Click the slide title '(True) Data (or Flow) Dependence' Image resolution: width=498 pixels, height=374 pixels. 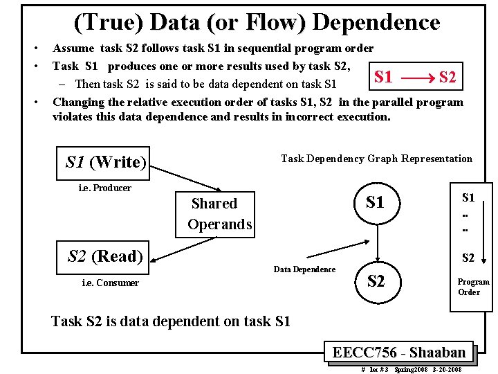(257, 23)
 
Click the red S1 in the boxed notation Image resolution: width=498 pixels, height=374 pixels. (383, 77)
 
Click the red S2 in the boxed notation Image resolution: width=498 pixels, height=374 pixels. (447, 77)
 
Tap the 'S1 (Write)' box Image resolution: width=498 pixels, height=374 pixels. (106, 162)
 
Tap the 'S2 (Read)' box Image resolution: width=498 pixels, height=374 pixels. (105, 257)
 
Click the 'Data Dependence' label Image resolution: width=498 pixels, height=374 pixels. (304, 269)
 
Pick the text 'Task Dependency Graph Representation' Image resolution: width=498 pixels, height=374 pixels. (376, 159)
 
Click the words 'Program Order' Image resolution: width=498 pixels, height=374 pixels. (473, 287)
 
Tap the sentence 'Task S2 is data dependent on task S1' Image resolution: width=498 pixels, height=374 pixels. (171, 321)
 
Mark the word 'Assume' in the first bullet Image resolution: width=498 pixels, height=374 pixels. (72, 48)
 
